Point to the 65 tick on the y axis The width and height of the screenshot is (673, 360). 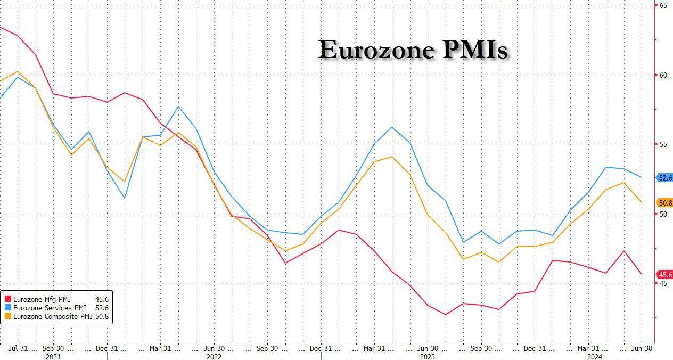[x=663, y=5]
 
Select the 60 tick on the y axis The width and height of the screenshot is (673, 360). [x=663, y=75]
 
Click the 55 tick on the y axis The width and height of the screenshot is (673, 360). [x=663, y=145]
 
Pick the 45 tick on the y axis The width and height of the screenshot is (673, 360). [x=663, y=284]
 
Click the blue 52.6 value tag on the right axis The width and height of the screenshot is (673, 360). [x=665, y=178]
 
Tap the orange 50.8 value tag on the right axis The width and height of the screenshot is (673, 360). [x=665, y=203]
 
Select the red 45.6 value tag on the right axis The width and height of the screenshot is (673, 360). [x=665, y=275]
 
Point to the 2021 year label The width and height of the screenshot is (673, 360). [x=53, y=357]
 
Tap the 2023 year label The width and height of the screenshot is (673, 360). [x=428, y=357]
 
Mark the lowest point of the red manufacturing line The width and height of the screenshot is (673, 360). [x=446, y=315]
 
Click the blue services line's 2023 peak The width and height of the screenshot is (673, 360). [x=392, y=127]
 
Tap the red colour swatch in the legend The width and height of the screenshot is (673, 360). [x=7, y=299]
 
